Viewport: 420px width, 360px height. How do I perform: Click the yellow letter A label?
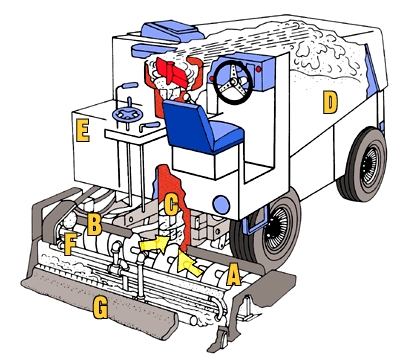pyautogui.click(x=233, y=274)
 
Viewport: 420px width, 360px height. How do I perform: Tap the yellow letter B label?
pyautogui.click(x=94, y=224)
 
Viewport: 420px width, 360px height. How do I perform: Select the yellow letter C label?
pyautogui.click(x=171, y=205)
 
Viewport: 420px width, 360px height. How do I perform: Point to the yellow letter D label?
pyautogui.click(x=330, y=102)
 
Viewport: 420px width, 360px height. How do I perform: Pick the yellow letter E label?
pyautogui.click(x=83, y=131)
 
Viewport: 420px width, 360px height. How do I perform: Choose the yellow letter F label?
pyautogui.click(x=70, y=244)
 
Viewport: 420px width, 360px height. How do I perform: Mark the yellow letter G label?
pyautogui.click(x=100, y=307)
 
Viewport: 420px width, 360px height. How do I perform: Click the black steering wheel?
pyautogui.click(x=233, y=82)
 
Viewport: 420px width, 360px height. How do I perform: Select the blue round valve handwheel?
pyautogui.click(x=127, y=114)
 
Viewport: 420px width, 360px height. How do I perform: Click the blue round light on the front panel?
pyautogui.click(x=221, y=205)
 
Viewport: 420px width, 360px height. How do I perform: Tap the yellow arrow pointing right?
pyautogui.click(x=154, y=244)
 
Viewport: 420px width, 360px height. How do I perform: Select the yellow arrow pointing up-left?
pyautogui.click(x=189, y=263)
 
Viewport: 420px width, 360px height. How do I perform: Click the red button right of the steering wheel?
pyautogui.click(x=259, y=69)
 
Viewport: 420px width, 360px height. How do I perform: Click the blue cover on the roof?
pyautogui.click(x=172, y=31)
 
